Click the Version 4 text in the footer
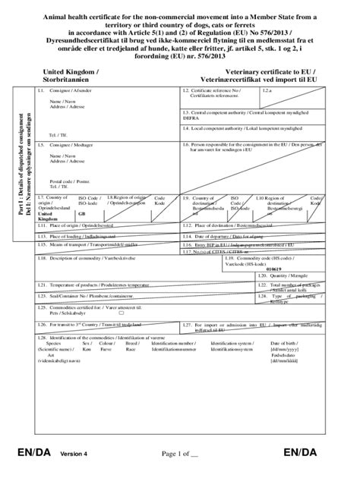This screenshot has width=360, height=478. tap(75, 454)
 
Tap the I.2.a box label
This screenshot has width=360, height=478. tap(267, 90)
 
